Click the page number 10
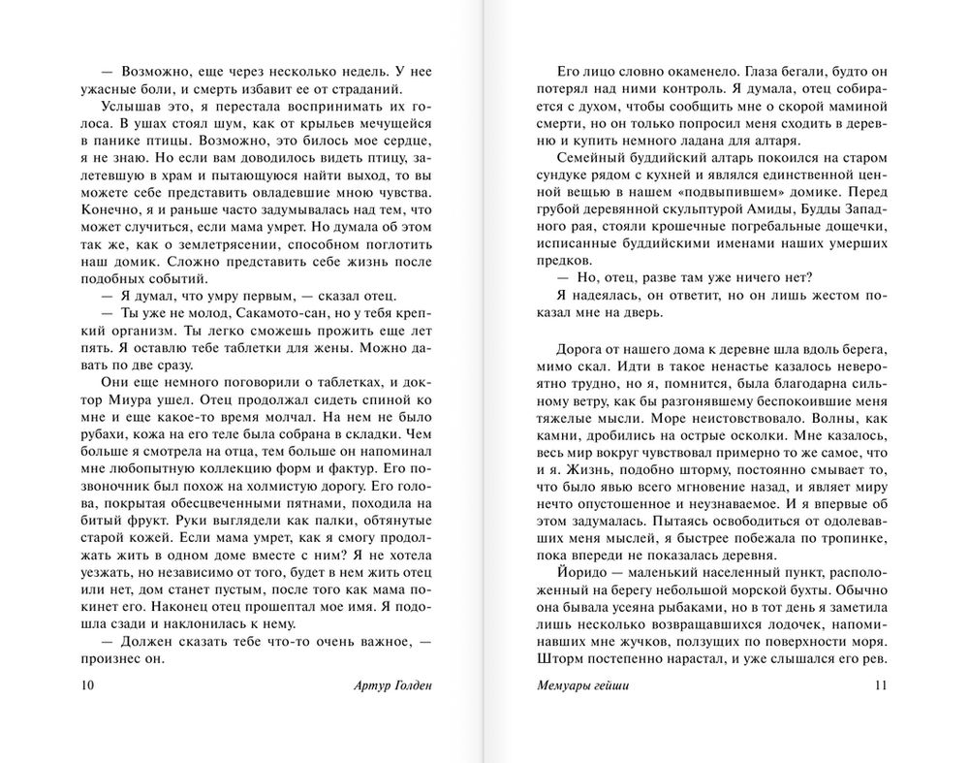88,687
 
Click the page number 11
881,687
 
